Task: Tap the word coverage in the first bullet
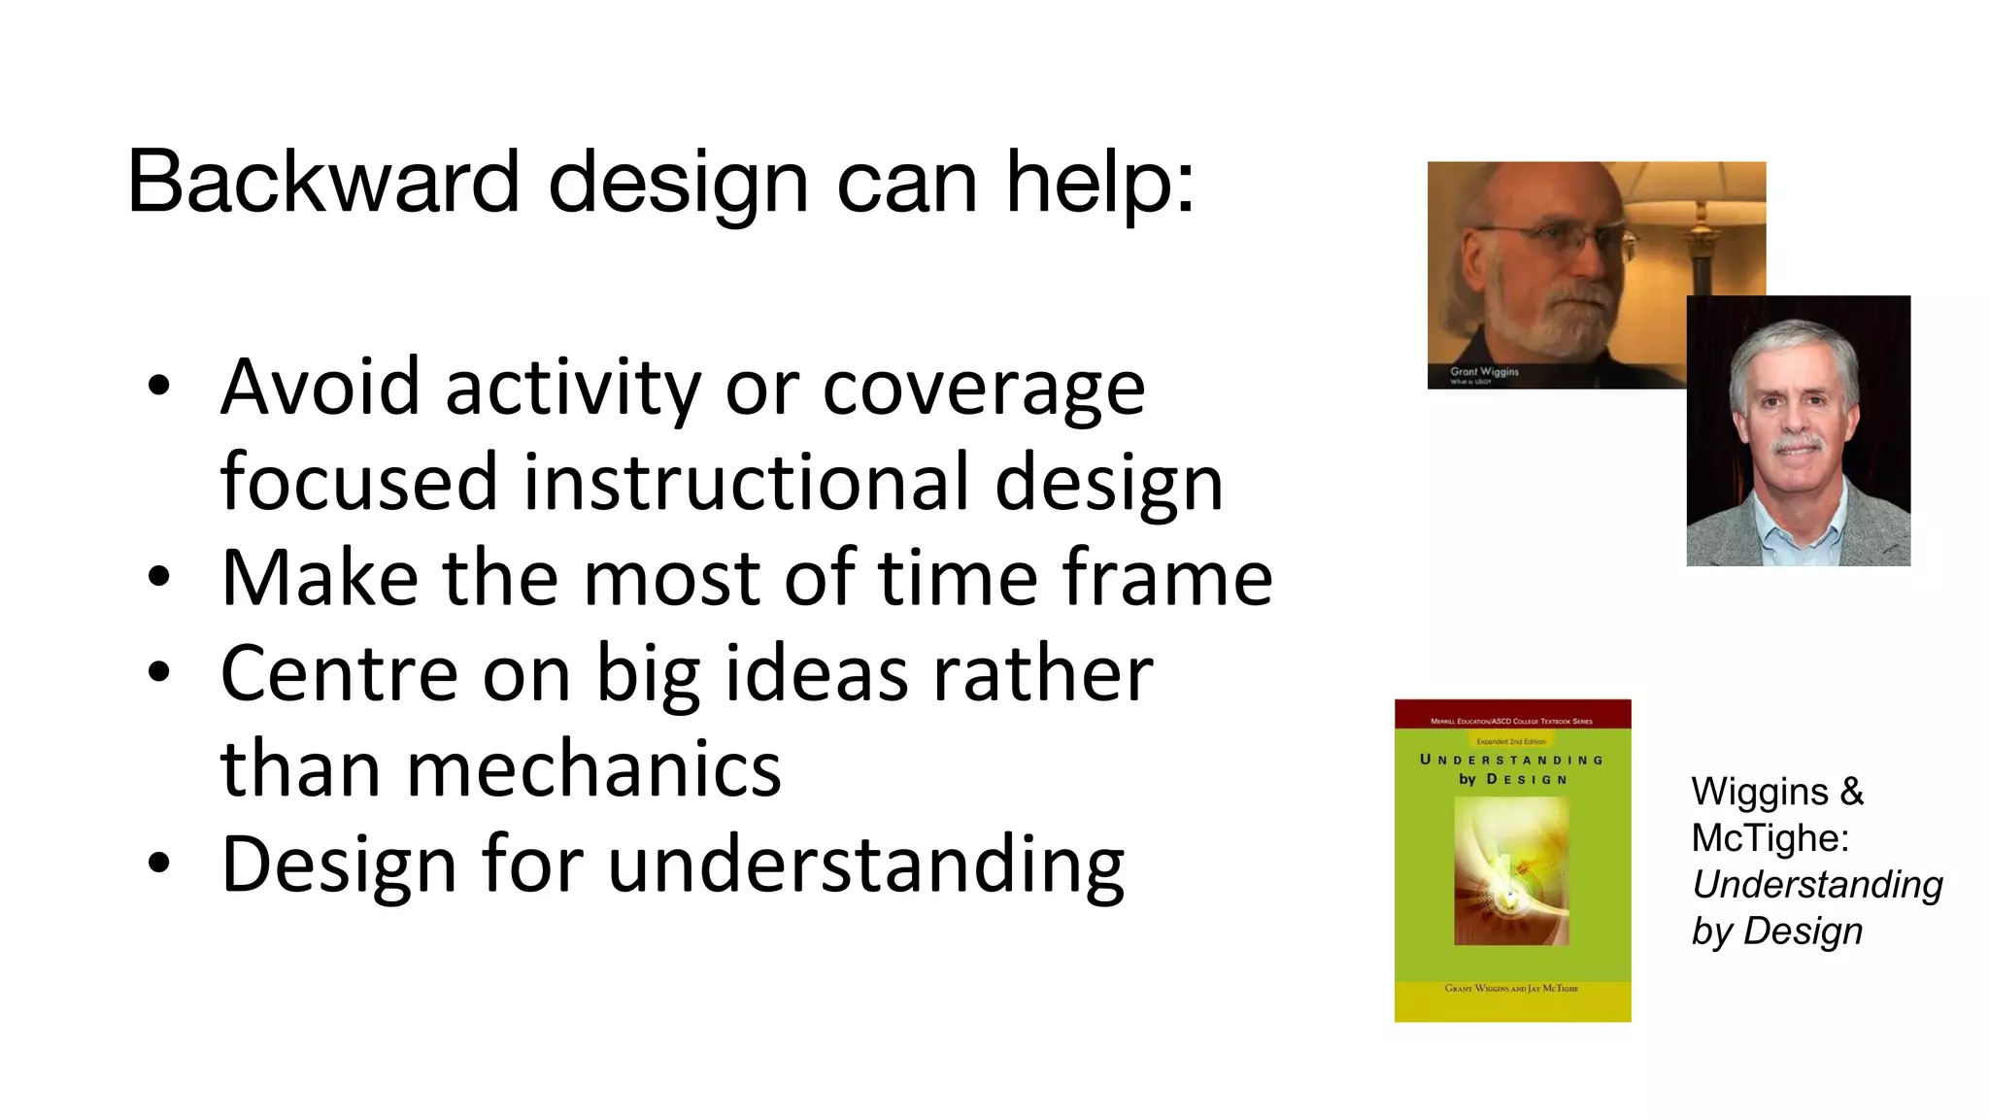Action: (984, 388)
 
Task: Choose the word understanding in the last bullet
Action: (865, 865)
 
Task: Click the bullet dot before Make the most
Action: (159, 578)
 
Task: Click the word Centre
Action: (339, 673)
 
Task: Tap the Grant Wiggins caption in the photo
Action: (1483, 372)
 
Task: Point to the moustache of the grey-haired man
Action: (1798, 445)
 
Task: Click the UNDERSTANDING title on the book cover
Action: (1511, 760)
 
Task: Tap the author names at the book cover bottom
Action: (1511, 988)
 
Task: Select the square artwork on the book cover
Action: (1511, 870)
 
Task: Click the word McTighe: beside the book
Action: (1770, 838)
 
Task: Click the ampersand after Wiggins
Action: (1852, 792)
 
